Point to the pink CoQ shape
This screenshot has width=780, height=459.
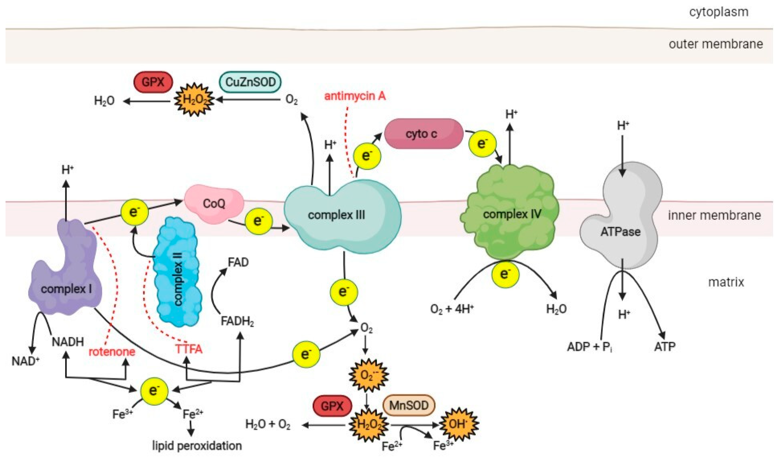[214, 204]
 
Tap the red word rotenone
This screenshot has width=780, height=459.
[112, 352]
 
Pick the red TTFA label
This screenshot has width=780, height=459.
[189, 349]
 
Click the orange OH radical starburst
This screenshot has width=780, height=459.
[458, 424]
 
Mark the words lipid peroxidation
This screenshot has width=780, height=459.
[197, 446]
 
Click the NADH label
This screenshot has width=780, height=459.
[68, 342]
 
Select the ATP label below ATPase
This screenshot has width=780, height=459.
[665, 346]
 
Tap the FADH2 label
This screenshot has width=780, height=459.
[237, 322]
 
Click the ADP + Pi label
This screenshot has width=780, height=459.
[589, 346]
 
